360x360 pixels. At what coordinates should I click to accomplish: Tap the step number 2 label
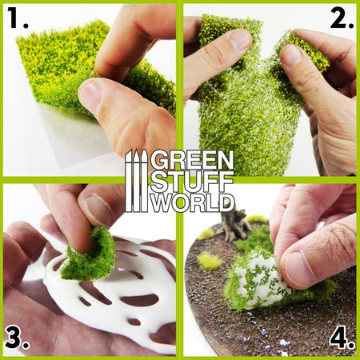pos(340,20)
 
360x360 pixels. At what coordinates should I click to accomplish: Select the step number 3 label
pos(18,338)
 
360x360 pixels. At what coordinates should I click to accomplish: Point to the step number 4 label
pos(341,338)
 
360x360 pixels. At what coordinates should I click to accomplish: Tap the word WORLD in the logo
pos(192,201)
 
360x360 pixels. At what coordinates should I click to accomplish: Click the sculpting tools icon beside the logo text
pos(136,180)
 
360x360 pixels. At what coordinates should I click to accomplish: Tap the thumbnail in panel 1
pos(91,97)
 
